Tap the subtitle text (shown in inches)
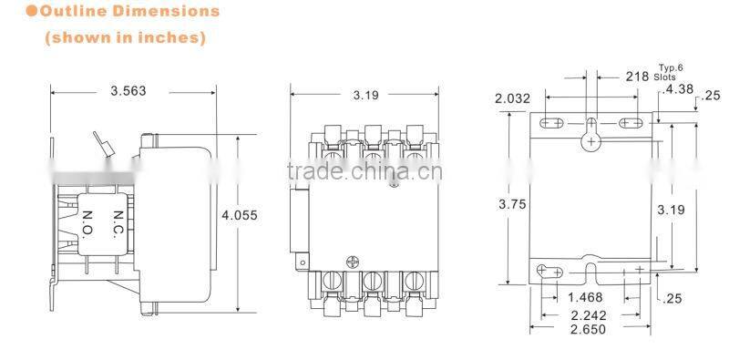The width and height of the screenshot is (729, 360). [x=126, y=38]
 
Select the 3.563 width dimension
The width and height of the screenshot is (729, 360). [x=128, y=91]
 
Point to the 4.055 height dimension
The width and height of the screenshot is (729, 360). [x=239, y=216]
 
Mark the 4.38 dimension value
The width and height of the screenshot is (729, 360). [x=678, y=90]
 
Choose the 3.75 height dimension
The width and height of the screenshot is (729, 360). [x=512, y=205]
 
